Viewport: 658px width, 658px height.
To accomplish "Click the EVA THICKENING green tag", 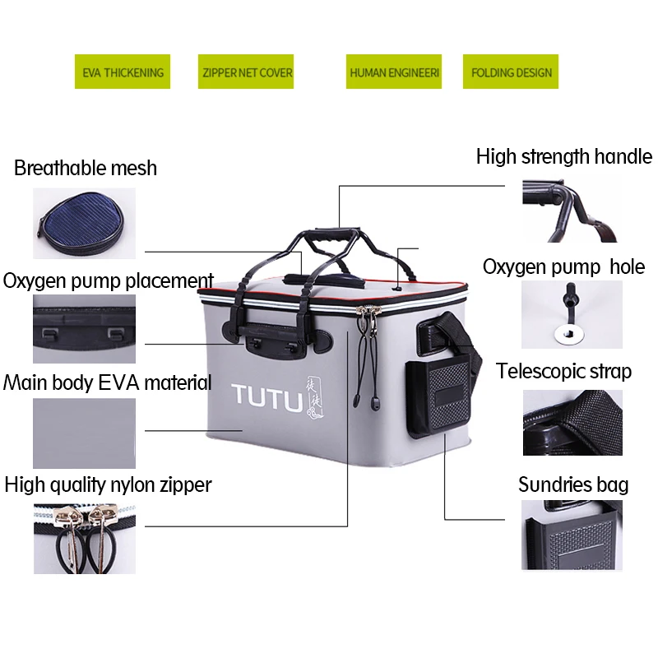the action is [123, 72].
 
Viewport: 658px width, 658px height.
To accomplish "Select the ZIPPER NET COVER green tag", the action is [247, 72].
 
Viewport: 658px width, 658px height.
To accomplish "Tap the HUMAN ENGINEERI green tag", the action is [394, 72].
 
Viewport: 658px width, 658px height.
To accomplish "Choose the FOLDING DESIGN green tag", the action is [511, 72].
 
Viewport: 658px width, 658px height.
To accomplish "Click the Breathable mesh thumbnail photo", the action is [83, 224].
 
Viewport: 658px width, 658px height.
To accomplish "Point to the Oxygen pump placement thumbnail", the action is [84, 329].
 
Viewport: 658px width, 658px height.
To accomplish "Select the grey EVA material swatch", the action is [84, 433].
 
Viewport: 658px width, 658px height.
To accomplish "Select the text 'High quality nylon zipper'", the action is [108, 484].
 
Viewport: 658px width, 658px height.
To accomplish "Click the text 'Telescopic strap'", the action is [563, 371].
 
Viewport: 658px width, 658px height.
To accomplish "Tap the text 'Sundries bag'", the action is [572, 484].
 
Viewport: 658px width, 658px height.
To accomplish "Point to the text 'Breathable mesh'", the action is [86, 169].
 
